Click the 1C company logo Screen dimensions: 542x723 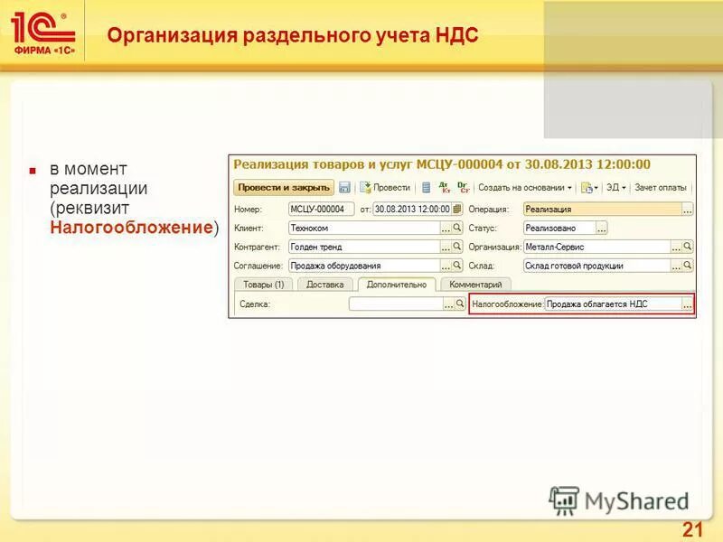pos(43,33)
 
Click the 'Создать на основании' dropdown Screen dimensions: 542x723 pos(525,188)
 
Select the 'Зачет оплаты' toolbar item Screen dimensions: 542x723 pos(660,188)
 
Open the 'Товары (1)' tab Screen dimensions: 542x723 pos(263,284)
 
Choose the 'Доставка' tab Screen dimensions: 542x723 pos(324,284)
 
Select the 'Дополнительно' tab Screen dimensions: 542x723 pos(396,284)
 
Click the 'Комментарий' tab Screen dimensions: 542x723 pos(474,284)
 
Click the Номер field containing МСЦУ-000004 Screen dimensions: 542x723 pos(321,209)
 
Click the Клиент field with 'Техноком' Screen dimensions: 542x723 pos(363,228)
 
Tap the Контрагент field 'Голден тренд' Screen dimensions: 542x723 pos(363,247)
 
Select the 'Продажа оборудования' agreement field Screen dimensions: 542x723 pos(363,266)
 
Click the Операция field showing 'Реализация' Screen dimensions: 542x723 pos(601,209)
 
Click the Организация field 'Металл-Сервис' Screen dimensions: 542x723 pos(596,247)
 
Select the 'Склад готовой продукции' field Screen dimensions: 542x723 pos(596,266)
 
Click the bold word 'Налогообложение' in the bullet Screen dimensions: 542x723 pos(131,228)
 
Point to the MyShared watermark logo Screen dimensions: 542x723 pos(619,500)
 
